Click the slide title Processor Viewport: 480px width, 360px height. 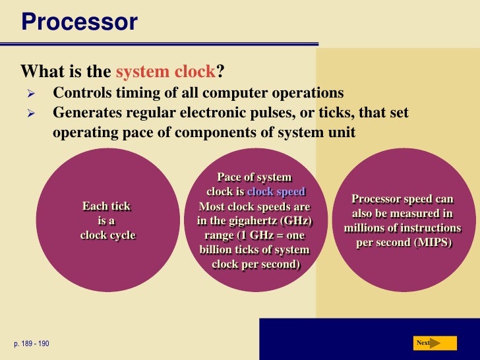pyautogui.click(x=79, y=22)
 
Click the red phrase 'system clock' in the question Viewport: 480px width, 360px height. pyautogui.click(x=165, y=71)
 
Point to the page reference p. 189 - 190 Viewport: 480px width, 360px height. pyautogui.click(x=30, y=344)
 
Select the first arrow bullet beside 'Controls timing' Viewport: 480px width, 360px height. pyautogui.click(x=30, y=93)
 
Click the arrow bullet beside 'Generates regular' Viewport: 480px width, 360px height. pyautogui.click(x=30, y=113)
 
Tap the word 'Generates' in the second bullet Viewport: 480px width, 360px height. pyautogui.click(x=85, y=113)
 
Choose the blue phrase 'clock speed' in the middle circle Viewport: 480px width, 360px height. pyautogui.click(x=276, y=192)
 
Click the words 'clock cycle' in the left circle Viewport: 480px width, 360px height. pyautogui.click(x=107, y=235)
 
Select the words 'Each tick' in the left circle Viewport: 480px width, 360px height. pyautogui.click(x=106, y=206)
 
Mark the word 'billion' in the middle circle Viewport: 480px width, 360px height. pyautogui.click(x=218, y=250)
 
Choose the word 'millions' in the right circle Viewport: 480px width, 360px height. pyautogui.click(x=366, y=228)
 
